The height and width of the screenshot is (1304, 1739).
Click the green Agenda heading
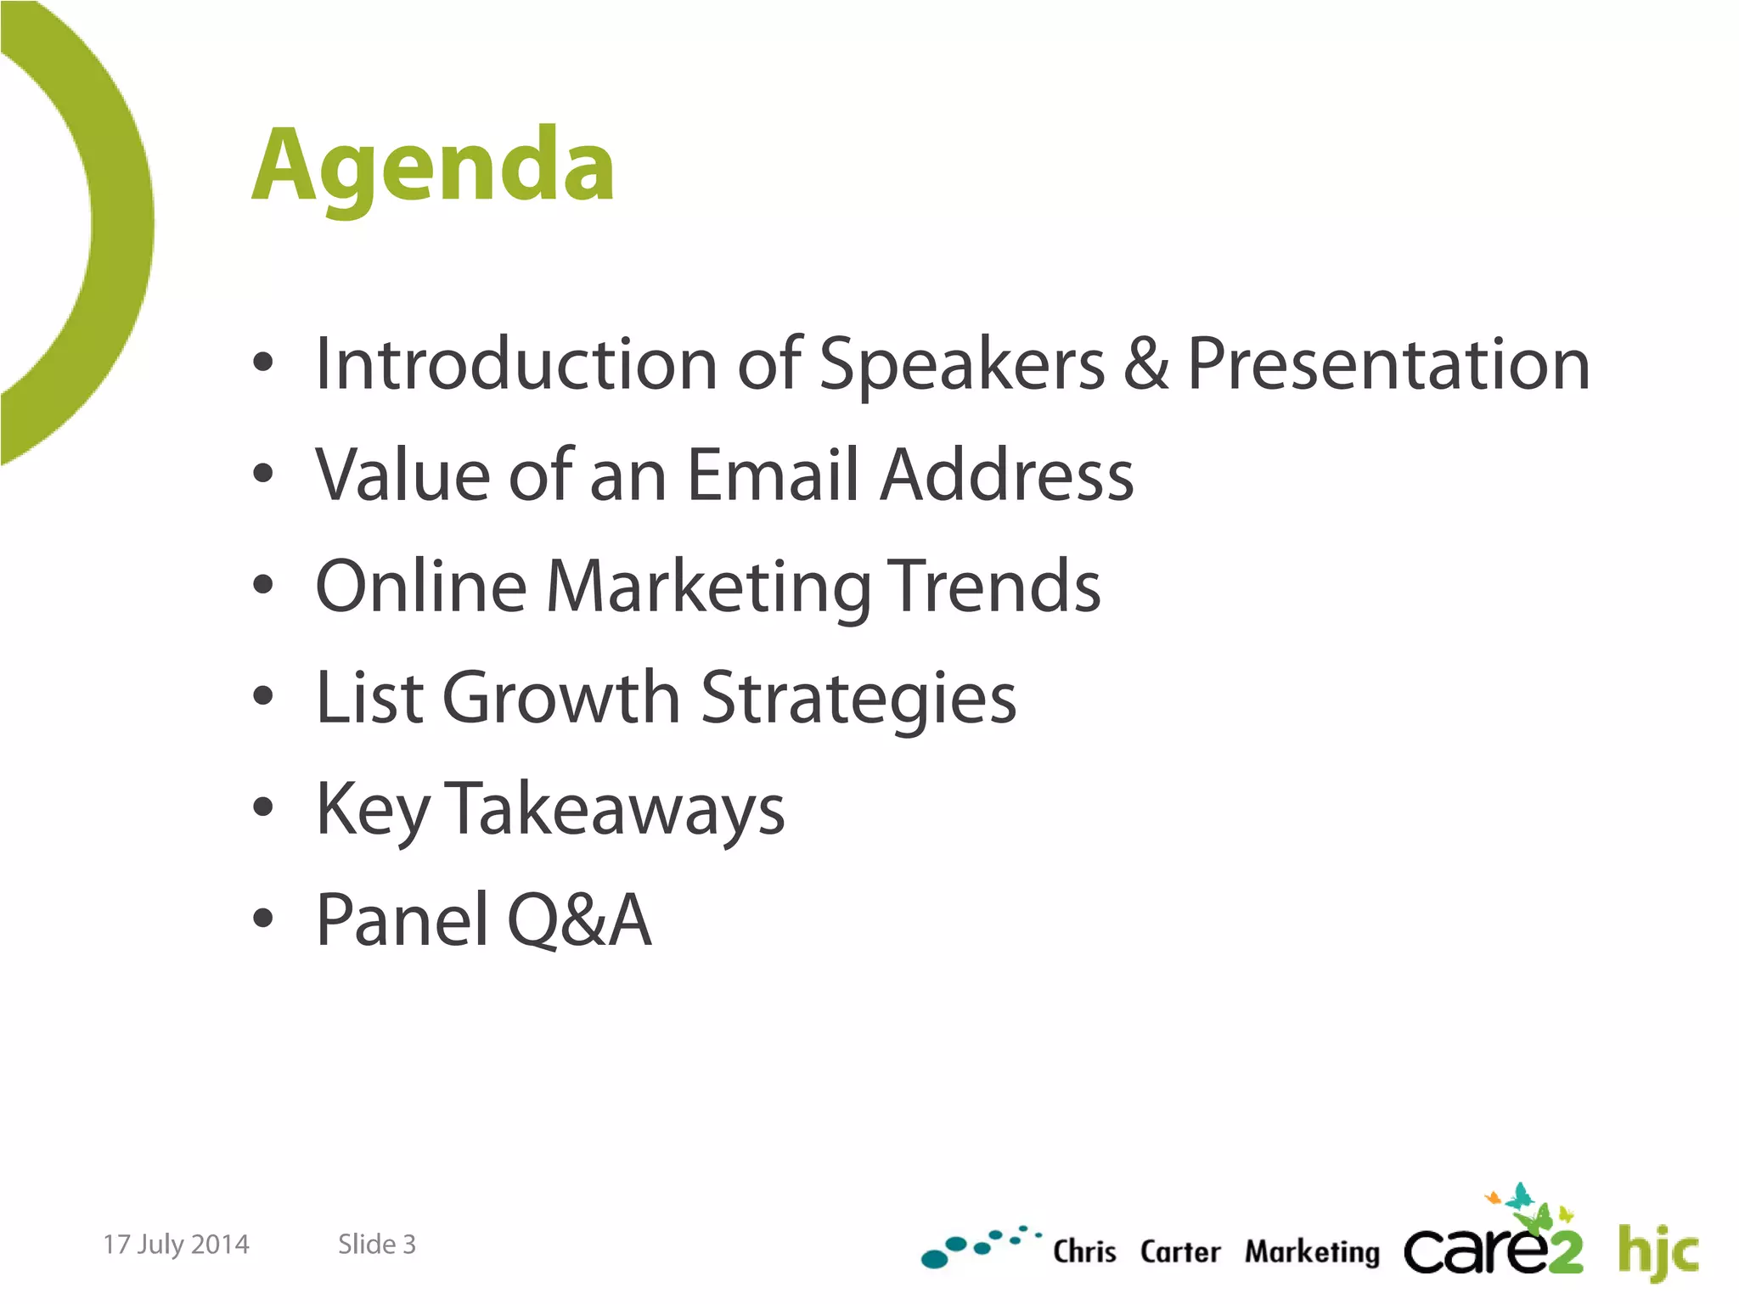pyautogui.click(x=433, y=166)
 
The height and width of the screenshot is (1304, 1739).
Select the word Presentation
pyautogui.click(x=1387, y=364)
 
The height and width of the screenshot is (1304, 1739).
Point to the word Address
pyautogui.click(x=1006, y=475)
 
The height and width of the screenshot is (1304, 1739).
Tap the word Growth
pyautogui.click(x=560, y=698)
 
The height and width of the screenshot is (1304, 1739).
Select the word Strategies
pyautogui.click(x=858, y=698)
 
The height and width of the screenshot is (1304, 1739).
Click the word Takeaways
pyautogui.click(x=615, y=809)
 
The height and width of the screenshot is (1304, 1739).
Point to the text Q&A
pyautogui.click(x=580, y=920)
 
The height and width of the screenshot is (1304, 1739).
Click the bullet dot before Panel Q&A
pyautogui.click(x=263, y=918)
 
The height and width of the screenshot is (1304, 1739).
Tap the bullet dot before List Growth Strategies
pyautogui.click(x=263, y=696)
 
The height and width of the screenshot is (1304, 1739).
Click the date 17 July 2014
pyautogui.click(x=176, y=1245)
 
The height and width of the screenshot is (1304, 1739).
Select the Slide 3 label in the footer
pyautogui.click(x=377, y=1245)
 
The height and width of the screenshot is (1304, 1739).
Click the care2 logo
pyautogui.click(x=1493, y=1244)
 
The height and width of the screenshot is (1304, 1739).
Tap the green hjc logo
pyautogui.click(x=1657, y=1251)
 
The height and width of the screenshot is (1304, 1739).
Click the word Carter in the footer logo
pyautogui.click(x=1179, y=1252)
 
